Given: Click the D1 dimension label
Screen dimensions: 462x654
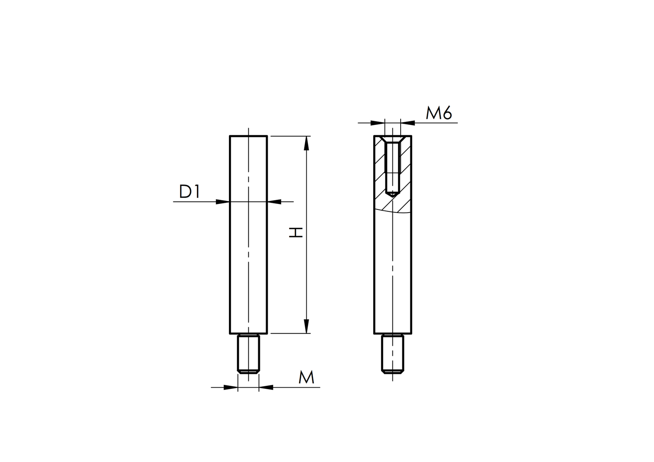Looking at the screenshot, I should pyautogui.click(x=189, y=191).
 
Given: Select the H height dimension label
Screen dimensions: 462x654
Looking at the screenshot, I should pyautogui.click(x=296, y=233).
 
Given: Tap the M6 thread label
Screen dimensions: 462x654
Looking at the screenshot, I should pyautogui.click(x=439, y=113).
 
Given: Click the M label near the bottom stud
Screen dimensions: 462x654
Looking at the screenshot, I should pyautogui.click(x=306, y=378).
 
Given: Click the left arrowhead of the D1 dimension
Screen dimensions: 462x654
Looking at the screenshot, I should pyautogui.click(x=223, y=202).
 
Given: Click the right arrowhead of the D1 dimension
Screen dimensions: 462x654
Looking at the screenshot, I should pyautogui.click(x=274, y=202).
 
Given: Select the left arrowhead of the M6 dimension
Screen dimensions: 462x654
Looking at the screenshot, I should pyautogui.click(x=377, y=123).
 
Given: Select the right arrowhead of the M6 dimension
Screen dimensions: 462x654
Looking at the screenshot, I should pyautogui.click(x=408, y=123).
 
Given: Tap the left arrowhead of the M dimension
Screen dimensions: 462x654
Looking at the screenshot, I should pyautogui.click(x=231, y=387).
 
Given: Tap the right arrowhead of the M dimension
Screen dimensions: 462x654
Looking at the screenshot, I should pyautogui.click(x=265, y=387).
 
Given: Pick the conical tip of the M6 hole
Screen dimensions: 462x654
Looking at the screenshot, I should pyautogui.click(x=392, y=193).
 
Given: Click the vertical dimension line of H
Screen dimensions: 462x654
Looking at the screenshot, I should pyautogui.click(x=306, y=272).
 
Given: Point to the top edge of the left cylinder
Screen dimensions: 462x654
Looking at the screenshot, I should pyautogui.click(x=248, y=136).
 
